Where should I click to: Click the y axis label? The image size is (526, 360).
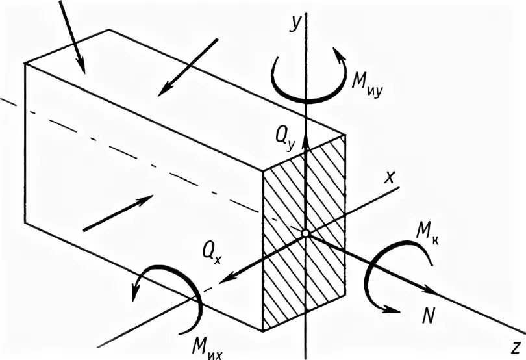(x=295, y=23)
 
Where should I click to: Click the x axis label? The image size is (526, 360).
(x=389, y=177)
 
